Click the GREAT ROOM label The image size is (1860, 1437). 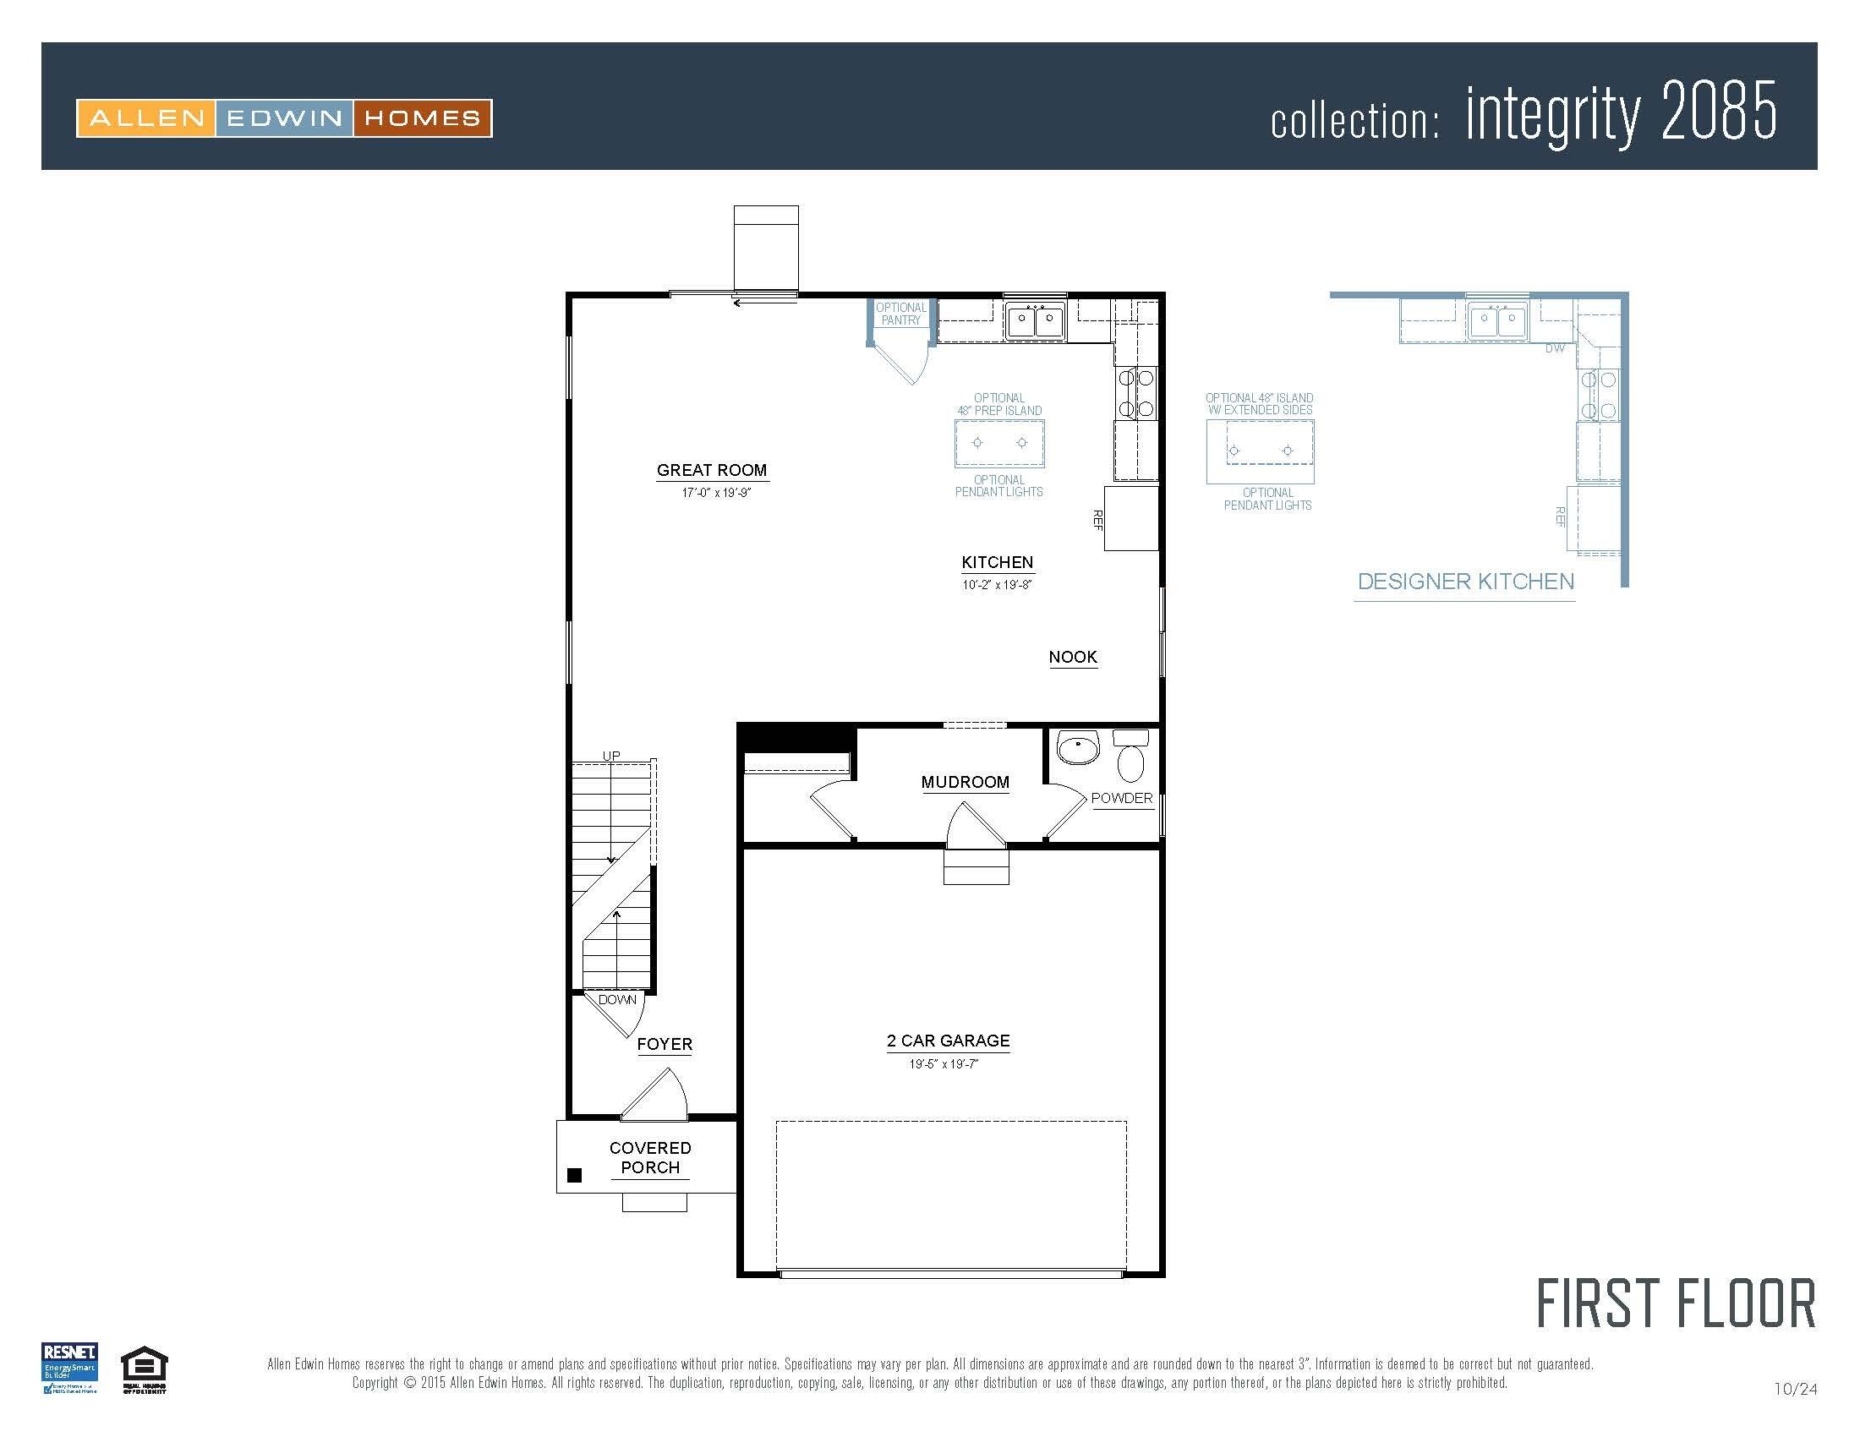[x=711, y=470]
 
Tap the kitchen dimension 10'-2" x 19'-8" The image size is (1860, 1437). [x=997, y=585]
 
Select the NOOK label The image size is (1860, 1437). [x=1072, y=656]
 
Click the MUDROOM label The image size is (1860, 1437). [x=965, y=782]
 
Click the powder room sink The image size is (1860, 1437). [x=1078, y=750]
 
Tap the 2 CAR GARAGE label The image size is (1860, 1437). [x=948, y=1041]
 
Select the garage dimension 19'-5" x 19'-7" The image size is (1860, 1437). [x=943, y=1064]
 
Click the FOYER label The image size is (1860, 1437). [x=665, y=1044]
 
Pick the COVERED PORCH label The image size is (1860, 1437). [x=650, y=1158]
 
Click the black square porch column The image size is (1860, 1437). [x=574, y=1176]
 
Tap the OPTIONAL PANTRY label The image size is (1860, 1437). [x=901, y=314]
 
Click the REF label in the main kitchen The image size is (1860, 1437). [x=1097, y=520]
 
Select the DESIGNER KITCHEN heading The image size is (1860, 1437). [x=1465, y=582]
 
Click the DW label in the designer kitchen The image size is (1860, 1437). [x=1554, y=348]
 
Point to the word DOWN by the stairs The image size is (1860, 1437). [x=616, y=999]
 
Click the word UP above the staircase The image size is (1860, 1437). [x=611, y=755]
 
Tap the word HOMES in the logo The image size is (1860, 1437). [x=422, y=118]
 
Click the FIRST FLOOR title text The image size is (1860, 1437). [x=1675, y=1303]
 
